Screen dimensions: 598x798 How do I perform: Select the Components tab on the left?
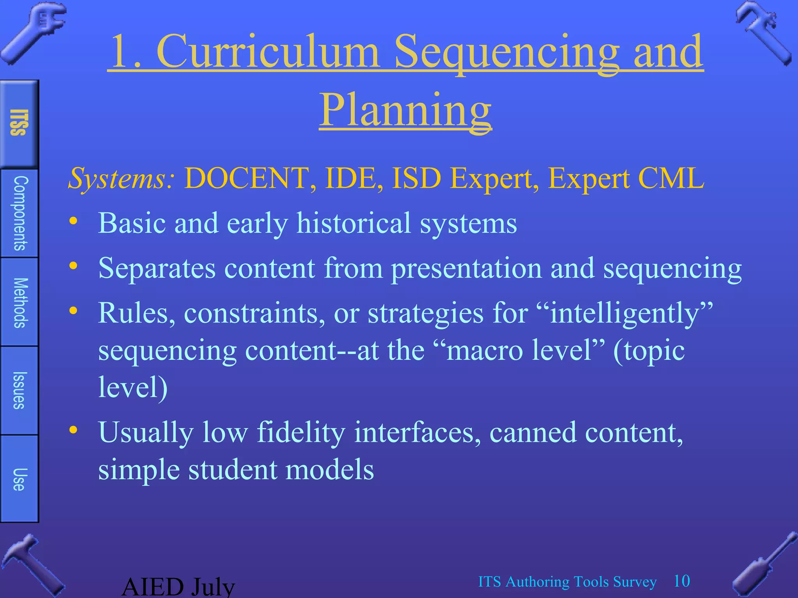(x=19, y=213)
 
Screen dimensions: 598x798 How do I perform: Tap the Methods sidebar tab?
(x=19, y=303)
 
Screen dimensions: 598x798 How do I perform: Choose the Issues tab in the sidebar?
(x=19, y=390)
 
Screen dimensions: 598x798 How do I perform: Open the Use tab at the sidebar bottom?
(x=19, y=479)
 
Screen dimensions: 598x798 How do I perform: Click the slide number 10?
(x=682, y=581)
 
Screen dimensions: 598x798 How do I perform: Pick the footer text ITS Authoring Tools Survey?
(x=567, y=582)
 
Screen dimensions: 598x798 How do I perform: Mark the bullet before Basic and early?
(x=73, y=221)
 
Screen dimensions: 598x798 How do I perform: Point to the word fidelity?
(x=301, y=433)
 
